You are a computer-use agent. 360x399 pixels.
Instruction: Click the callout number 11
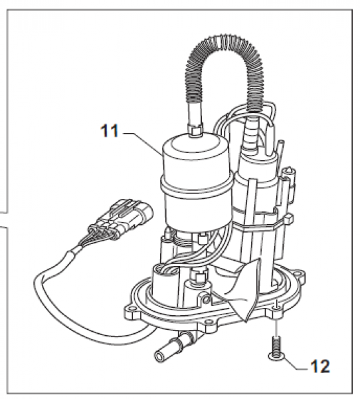point(110,131)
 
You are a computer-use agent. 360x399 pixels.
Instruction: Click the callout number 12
point(320,366)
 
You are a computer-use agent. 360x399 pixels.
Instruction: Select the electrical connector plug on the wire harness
point(120,218)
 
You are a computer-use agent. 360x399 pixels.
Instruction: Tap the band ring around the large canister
point(197,186)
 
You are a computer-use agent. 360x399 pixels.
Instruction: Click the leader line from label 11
point(143,143)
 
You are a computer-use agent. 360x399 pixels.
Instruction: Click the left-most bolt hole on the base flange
point(132,311)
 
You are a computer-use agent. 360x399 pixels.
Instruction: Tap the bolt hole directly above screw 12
point(276,309)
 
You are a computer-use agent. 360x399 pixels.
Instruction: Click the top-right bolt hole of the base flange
point(300,274)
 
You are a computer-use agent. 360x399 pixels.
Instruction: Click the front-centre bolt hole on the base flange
point(211,325)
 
